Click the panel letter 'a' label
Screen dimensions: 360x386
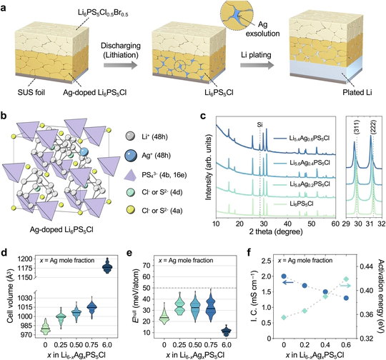tap(6, 6)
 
